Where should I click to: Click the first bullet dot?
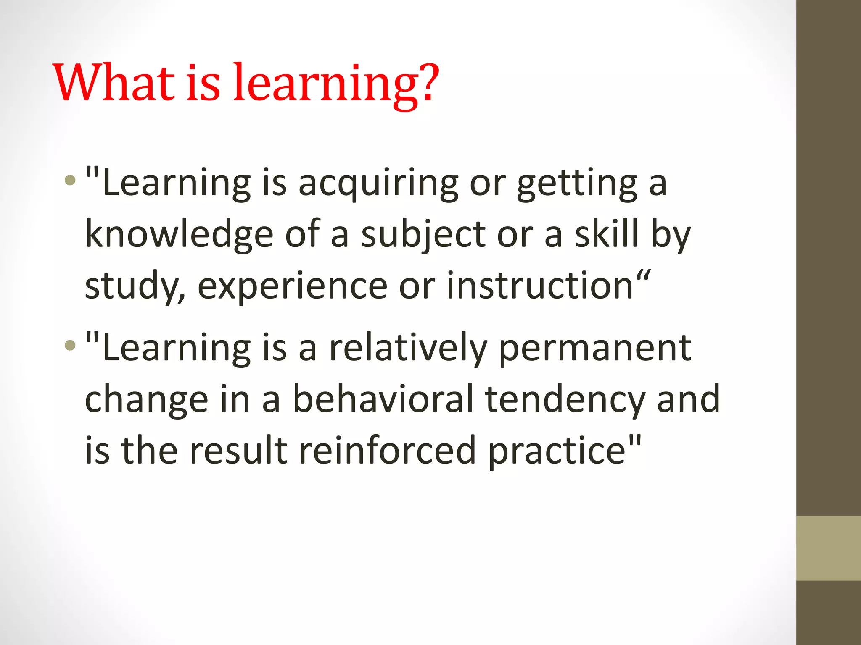click(x=70, y=181)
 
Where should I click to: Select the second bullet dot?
click(x=70, y=346)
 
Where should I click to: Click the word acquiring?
click(x=378, y=184)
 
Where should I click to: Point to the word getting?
click(x=577, y=184)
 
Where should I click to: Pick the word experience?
click(x=292, y=286)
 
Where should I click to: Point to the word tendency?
click(x=565, y=400)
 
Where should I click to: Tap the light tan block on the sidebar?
click(x=828, y=548)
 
